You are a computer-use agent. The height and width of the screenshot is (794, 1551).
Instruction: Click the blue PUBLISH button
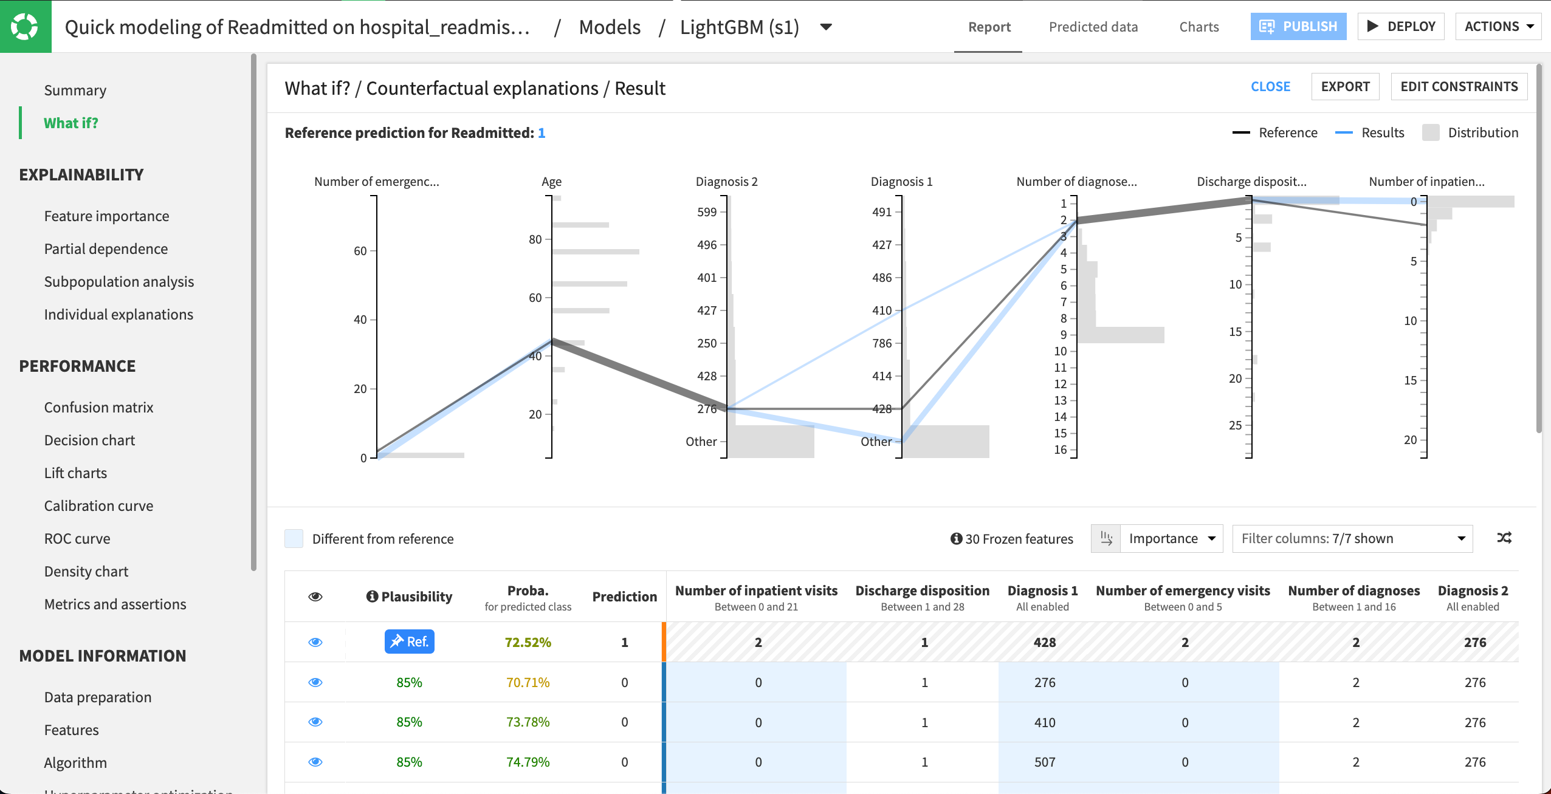[x=1298, y=27]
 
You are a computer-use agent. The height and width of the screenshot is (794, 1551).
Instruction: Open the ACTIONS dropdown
[x=1498, y=27]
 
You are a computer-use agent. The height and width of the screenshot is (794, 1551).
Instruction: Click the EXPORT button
[x=1345, y=87]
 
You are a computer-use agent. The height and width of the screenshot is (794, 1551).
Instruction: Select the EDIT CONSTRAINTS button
[x=1459, y=87]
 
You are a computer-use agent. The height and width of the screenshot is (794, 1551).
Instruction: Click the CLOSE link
[x=1270, y=87]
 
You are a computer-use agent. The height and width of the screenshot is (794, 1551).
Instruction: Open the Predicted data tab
[x=1093, y=27]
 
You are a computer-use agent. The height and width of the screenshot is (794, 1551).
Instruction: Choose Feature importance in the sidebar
[x=106, y=216]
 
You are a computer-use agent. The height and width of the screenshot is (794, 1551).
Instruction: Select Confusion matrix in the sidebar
[x=98, y=408]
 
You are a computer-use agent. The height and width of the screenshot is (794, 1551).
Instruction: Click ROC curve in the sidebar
[x=77, y=539]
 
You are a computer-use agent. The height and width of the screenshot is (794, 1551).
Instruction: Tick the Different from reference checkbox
[x=294, y=539]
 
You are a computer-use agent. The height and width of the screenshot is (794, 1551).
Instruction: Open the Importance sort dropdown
[x=1171, y=539]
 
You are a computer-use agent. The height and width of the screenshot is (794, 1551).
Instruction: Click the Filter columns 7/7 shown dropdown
[x=1352, y=539]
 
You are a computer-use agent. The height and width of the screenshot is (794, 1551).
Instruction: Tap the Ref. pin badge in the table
[x=409, y=642]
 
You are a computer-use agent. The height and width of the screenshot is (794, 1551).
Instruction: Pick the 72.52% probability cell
[x=528, y=642]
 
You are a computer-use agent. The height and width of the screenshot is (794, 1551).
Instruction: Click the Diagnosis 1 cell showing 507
[x=1045, y=762]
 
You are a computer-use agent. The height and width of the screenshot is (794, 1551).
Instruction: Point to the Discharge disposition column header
[x=922, y=591]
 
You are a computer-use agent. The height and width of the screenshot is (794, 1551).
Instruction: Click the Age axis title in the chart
[x=551, y=182]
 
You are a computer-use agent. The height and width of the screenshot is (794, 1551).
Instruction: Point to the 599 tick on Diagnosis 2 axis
[x=707, y=212]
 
